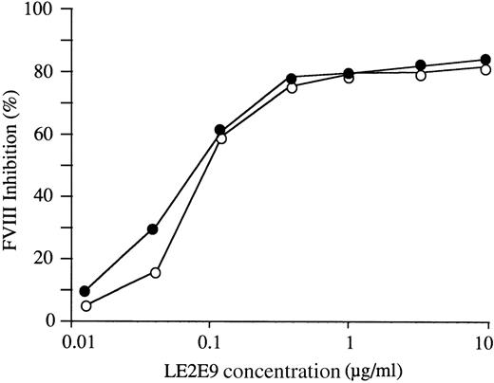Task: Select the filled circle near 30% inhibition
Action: [x=153, y=229]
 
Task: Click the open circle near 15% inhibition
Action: [x=156, y=272]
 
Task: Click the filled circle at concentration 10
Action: [x=486, y=60]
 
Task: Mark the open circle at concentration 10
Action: [x=486, y=69]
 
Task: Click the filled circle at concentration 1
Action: [x=349, y=73]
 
